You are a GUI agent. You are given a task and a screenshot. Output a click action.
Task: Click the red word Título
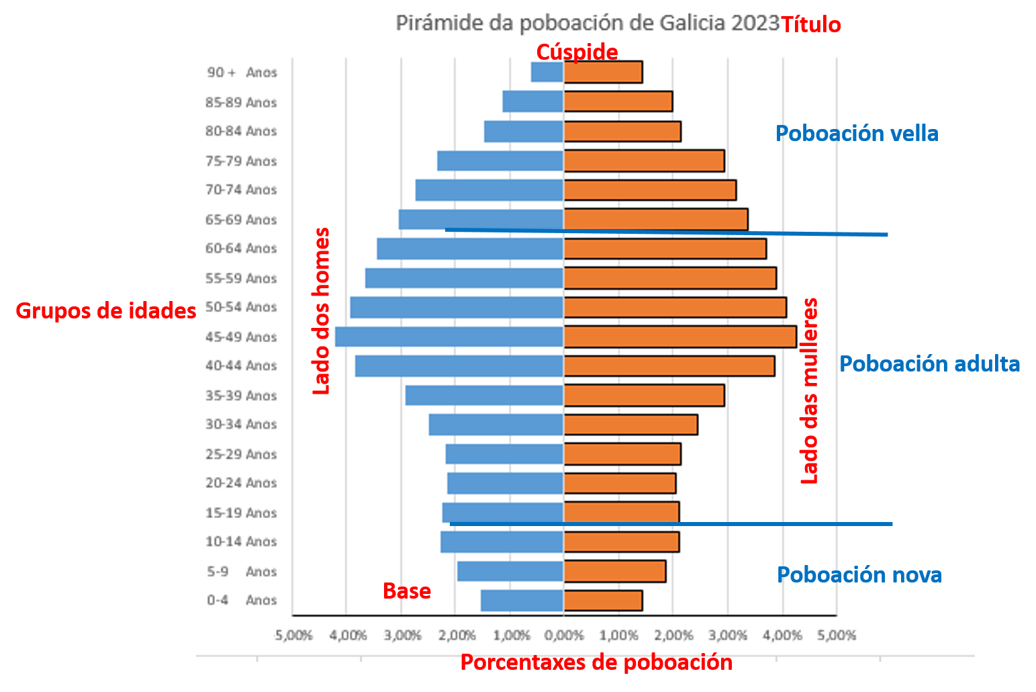(810, 25)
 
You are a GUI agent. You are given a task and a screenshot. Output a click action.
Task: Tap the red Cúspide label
(577, 52)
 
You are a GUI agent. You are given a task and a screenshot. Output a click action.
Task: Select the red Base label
(406, 591)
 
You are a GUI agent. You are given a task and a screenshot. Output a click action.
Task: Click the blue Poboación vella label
(857, 134)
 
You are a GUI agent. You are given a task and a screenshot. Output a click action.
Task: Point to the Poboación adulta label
(929, 364)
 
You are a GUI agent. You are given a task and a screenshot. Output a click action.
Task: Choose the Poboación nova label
(859, 575)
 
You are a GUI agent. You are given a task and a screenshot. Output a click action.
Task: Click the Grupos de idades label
(105, 310)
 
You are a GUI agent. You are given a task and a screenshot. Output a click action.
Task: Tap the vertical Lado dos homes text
(322, 311)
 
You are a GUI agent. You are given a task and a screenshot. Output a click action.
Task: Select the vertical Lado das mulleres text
(810, 391)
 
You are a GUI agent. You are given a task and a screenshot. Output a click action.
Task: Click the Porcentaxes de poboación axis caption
(596, 663)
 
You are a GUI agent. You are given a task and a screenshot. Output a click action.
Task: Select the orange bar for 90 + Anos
(603, 72)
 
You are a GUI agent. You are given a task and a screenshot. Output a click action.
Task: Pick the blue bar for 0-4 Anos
(522, 601)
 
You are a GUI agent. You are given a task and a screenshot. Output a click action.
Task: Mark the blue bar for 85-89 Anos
(532, 101)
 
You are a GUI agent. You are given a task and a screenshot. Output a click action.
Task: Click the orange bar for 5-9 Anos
(614, 571)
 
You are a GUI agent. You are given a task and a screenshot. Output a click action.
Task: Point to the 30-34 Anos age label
(241, 425)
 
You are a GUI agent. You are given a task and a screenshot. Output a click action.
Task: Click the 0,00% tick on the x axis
(564, 636)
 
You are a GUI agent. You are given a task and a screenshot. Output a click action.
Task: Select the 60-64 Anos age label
(241, 249)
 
